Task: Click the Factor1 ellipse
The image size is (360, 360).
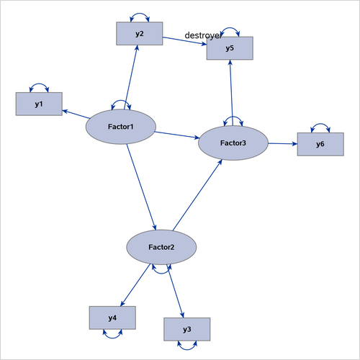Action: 121,127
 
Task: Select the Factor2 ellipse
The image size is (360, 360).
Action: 161,247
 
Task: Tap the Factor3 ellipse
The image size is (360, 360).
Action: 233,143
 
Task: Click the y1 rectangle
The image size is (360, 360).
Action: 38,104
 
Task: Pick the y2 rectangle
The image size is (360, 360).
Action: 139,34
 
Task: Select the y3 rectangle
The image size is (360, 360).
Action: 186,329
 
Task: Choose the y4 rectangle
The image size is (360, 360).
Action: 112,318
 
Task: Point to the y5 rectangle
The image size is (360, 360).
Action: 229,48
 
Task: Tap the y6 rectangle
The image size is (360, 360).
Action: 320,145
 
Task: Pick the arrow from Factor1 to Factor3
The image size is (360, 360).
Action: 177,135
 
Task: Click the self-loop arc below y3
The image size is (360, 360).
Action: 187,346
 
